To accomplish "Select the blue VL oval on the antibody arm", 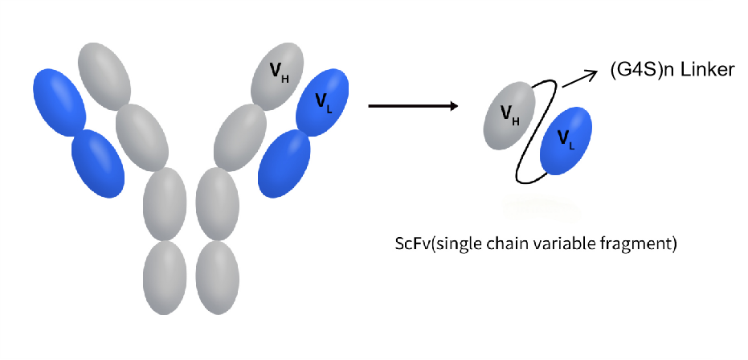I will pos(322,101).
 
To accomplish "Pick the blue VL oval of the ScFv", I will pos(566,141).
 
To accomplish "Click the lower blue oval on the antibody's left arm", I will pos(98,163).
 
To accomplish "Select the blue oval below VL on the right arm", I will pos(284,162).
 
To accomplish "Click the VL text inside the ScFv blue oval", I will pos(566,143).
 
